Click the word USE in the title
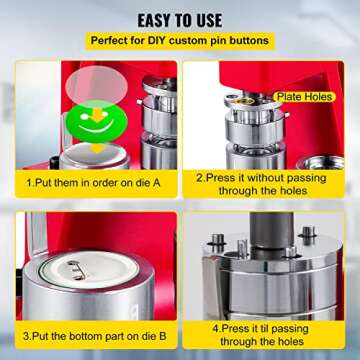click(x=218, y=16)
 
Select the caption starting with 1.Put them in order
click(x=96, y=184)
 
